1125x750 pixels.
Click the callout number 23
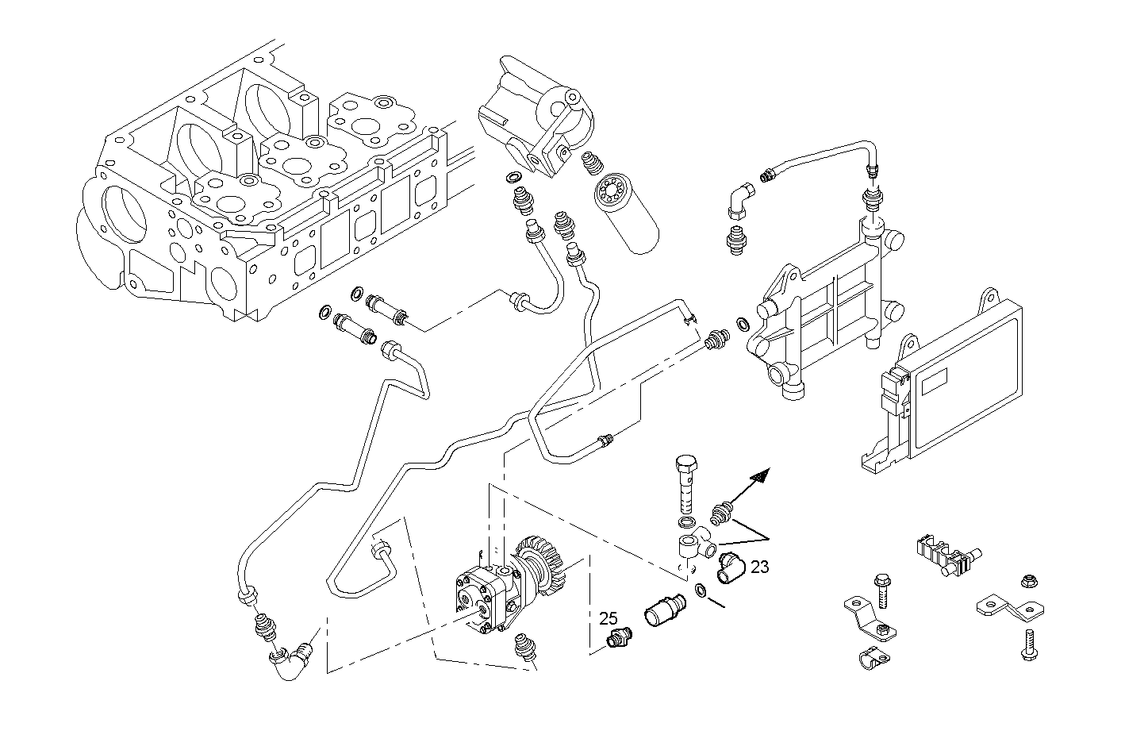tap(759, 567)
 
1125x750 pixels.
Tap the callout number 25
tap(608, 617)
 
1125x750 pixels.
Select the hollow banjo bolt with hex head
tap(687, 483)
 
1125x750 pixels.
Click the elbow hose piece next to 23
tap(728, 568)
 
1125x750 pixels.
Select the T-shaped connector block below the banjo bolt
tap(693, 548)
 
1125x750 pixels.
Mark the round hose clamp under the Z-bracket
tap(870, 660)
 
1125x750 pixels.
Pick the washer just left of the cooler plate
tap(743, 324)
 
